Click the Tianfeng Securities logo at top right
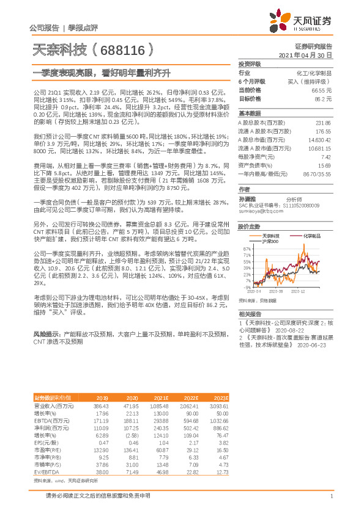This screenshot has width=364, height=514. [302, 21]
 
